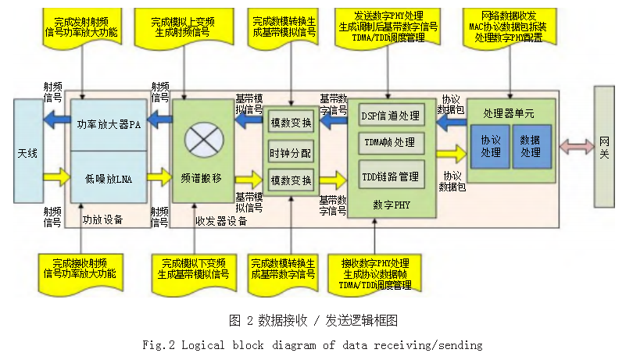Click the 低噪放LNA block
[108, 179]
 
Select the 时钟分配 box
[291, 151]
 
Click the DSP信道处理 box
[392, 116]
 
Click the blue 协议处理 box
[491, 145]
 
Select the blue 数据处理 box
[530, 145]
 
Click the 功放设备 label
[103, 220]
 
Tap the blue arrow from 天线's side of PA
[56, 119]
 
